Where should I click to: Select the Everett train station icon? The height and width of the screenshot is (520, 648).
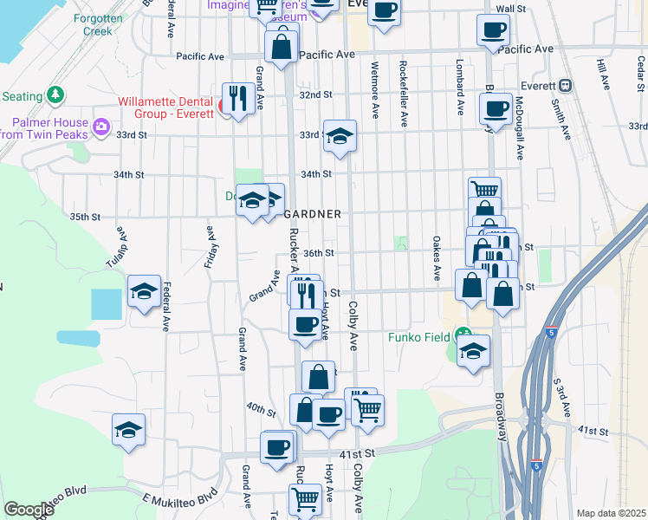(566, 85)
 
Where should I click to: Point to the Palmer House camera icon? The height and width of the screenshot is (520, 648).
(102, 128)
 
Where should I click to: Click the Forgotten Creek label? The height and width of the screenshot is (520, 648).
(97, 24)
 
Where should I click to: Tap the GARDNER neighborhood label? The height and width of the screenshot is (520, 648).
(311, 214)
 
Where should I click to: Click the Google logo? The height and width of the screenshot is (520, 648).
(29, 510)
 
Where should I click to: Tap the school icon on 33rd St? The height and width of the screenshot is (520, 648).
(340, 134)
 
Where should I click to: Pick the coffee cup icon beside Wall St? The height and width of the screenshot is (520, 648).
(493, 29)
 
